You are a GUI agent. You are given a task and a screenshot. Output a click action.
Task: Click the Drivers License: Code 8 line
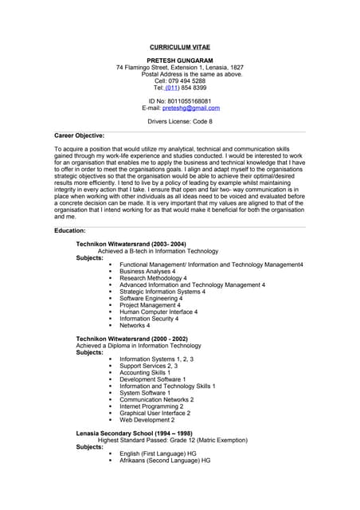(180, 121)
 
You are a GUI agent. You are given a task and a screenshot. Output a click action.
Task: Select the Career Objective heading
(79, 135)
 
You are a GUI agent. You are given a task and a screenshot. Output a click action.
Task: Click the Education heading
(70, 230)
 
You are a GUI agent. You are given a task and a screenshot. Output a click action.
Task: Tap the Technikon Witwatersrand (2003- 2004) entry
(131, 244)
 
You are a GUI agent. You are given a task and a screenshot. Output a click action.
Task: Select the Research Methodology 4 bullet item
(153, 278)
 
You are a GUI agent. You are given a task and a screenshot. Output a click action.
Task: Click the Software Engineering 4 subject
(151, 298)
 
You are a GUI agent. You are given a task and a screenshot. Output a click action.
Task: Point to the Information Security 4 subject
(153, 319)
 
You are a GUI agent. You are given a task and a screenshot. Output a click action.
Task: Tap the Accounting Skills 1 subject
(145, 372)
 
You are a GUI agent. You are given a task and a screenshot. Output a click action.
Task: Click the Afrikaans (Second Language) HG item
(165, 461)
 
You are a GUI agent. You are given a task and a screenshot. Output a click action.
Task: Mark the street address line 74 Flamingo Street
(179, 68)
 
